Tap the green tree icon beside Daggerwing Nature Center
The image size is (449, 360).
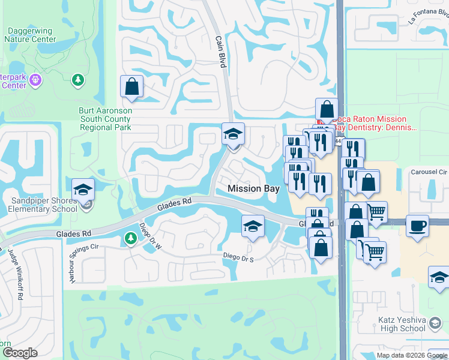77,79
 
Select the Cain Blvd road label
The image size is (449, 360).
220,51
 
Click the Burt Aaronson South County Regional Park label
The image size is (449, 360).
106,119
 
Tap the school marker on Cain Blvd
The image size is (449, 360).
233,134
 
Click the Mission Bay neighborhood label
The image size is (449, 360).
253,188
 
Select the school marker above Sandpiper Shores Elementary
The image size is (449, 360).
83,190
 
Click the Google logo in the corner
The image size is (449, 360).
20,353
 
